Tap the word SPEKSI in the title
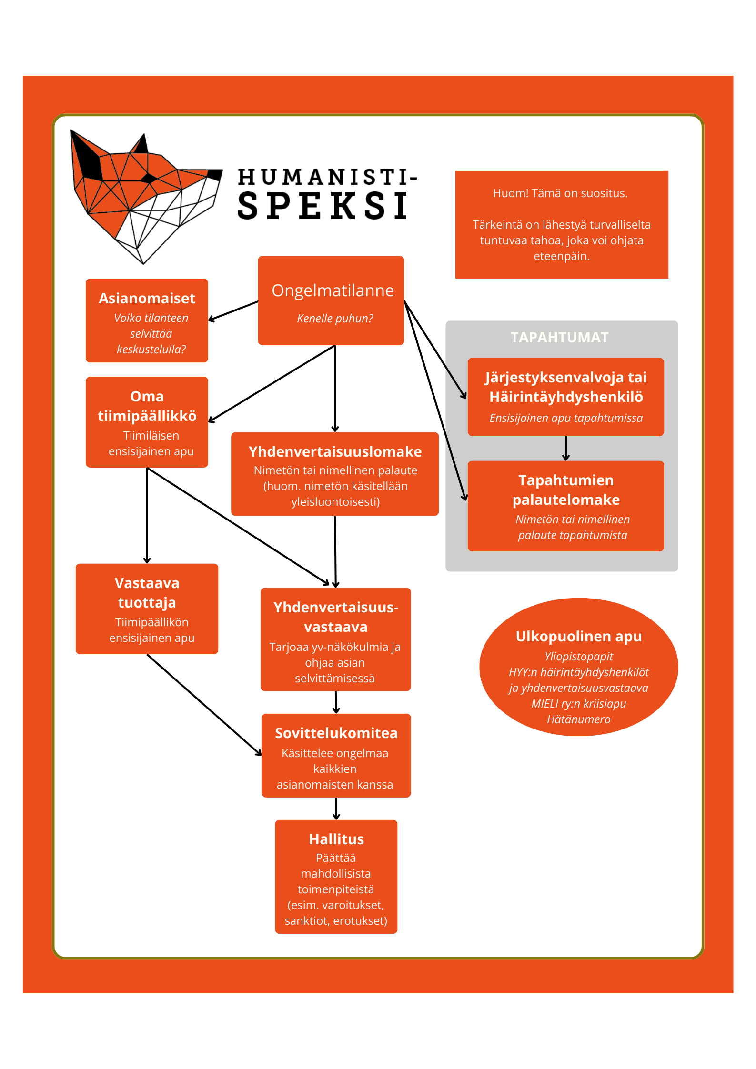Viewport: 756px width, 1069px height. (x=323, y=206)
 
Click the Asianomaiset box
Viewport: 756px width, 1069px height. (x=147, y=320)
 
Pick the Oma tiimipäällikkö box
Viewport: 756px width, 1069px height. (x=147, y=422)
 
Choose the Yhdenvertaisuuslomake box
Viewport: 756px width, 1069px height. (x=335, y=474)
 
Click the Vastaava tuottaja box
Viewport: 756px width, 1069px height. (x=147, y=609)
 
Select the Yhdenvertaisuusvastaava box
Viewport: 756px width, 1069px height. (x=335, y=639)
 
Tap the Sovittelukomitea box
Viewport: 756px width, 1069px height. (x=336, y=756)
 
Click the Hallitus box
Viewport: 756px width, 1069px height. (x=336, y=877)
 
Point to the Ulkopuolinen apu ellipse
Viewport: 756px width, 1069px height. (x=578, y=667)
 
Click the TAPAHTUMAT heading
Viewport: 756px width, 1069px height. (x=559, y=338)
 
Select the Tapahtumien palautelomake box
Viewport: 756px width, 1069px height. (x=566, y=506)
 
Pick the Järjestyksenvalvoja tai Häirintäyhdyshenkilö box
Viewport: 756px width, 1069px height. (x=566, y=397)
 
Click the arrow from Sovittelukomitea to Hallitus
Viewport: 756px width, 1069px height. (x=336, y=809)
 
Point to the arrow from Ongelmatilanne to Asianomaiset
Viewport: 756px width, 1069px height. (x=233, y=310)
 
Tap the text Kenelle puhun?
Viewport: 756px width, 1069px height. (x=335, y=319)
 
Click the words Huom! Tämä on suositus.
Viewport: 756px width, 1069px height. (x=560, y=193)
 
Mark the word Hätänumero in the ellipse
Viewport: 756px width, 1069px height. (x=578, y=719)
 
